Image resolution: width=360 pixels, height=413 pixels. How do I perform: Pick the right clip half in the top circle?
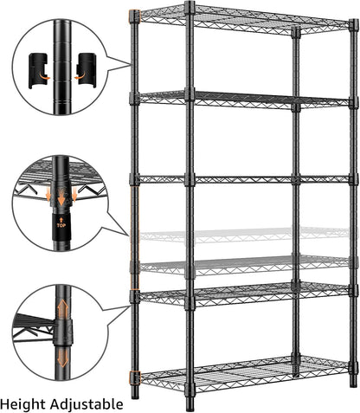point(87,68)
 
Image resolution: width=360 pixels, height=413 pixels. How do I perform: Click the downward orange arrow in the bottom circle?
point(61,356)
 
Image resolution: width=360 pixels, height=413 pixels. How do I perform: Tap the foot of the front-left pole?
point(135,393)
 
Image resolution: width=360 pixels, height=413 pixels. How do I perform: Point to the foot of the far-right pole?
point(353,382)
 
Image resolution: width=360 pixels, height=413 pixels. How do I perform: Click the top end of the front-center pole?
point(190,6)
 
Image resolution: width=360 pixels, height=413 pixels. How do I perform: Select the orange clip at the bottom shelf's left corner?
point(134,378)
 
